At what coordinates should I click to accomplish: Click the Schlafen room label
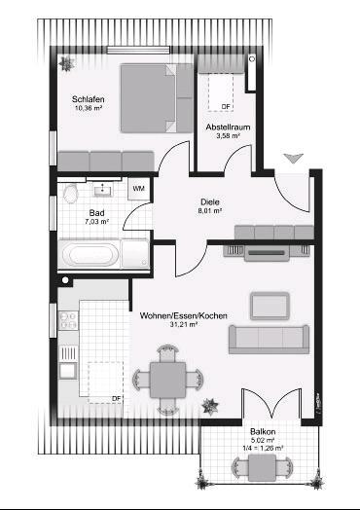[x=88, y=99]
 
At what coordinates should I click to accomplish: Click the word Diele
[x=210, y=200]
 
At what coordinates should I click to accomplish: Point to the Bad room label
[x=96, y=212]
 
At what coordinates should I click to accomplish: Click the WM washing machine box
[x=138, y=188]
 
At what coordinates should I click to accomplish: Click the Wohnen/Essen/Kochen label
[x=183, y=315]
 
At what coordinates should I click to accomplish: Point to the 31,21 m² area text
[x=183, y=325]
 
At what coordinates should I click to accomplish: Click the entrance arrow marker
[x=290, y=158]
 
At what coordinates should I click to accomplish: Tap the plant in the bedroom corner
[x=67, y=63]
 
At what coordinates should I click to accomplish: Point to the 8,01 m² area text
[x=210, y=209]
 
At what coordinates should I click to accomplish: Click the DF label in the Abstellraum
[x=226, y=106]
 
